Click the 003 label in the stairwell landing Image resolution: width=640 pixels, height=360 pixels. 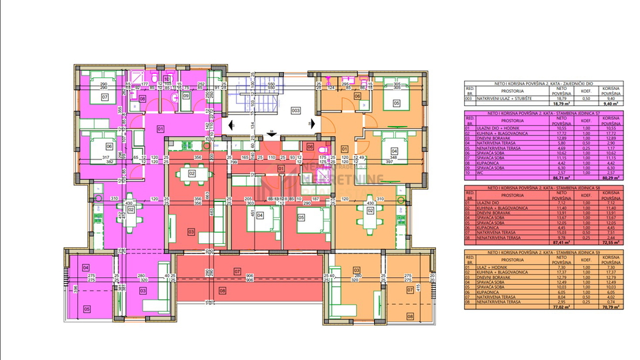tap(295, 111)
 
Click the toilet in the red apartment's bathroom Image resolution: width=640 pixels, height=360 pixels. tap(321, 148)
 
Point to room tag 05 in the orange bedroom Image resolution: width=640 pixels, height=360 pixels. tap(396, 103)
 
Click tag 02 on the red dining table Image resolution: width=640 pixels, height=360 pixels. tap(191, 173)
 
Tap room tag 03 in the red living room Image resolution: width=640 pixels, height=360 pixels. tap(191, 232)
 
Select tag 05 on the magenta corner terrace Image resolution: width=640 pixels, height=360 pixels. tap(86, 309)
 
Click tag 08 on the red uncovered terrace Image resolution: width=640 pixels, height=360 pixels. tap(222, 291)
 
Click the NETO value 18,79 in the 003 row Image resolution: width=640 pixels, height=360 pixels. tap(562, 98)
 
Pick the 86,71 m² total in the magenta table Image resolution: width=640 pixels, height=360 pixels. tap(562, 177)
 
